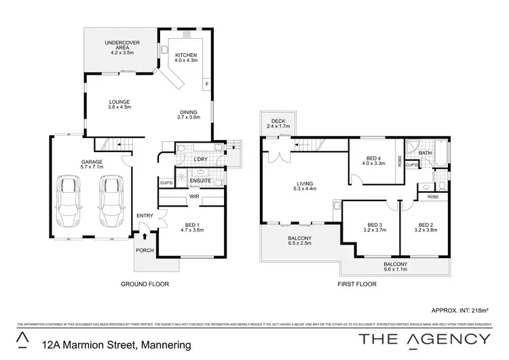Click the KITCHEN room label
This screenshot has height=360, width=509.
(x=185, y=55)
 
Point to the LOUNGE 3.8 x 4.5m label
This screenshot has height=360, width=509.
(x=119, y=103)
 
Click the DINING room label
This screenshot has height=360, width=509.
(x=189, y=112)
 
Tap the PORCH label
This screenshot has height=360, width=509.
(x=145, y=250)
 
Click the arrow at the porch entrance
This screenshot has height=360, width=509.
(x=145, y=237)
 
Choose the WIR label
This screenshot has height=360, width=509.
(x=194, y=196)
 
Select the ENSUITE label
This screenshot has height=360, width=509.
(x=190, y=180)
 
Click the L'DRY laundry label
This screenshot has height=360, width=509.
(x=200, y=159)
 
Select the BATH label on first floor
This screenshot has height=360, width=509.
(x=426, y=153)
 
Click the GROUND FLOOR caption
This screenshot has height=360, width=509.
(x=145, y=284)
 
